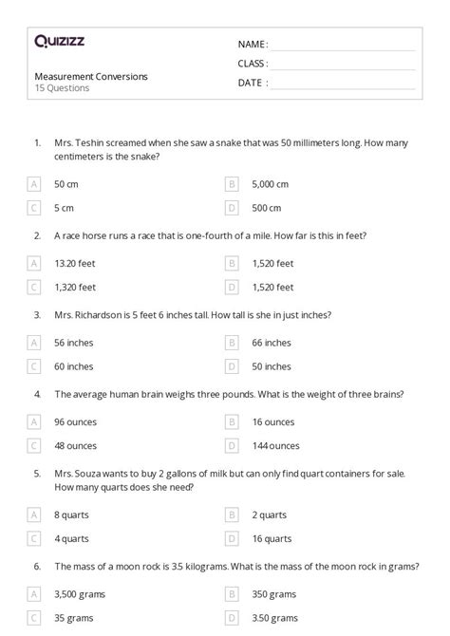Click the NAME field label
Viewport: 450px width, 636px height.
tap(253, 44)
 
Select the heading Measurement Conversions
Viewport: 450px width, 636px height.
tap(91, 76)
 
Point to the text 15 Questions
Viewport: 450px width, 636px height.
tap(62, 88)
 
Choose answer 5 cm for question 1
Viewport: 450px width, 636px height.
tap(66, 207)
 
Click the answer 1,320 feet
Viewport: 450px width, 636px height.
tap(75, 286)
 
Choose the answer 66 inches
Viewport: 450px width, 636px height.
tap(272, 342)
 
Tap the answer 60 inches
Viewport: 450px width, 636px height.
tap(74, 365)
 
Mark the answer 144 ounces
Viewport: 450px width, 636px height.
tap(276, 444)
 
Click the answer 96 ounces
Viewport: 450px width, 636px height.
tap(75, 421)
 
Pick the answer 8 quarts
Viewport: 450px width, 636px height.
tap(72, 514)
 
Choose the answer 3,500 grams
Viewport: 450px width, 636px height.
tap(80, 594)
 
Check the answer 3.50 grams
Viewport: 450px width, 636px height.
tap(273, 618)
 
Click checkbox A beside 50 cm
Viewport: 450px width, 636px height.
tap(35, 183)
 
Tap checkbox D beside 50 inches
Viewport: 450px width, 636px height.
tap(231, 365)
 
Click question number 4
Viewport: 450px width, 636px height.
tap(38, 393)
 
